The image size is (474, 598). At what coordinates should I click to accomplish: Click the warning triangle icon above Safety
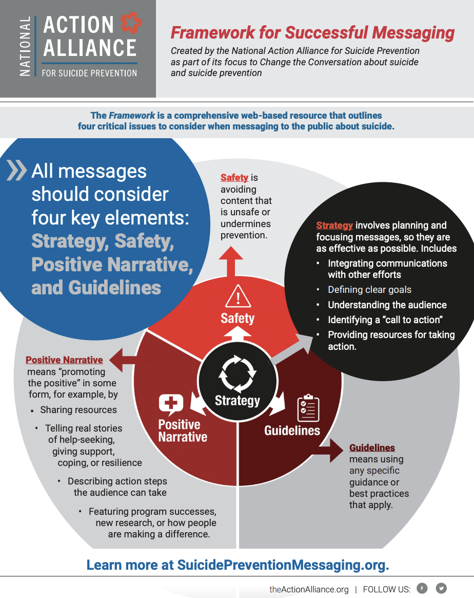pos(238,296)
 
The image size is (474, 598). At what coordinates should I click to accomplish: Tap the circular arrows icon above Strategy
pos(238,374)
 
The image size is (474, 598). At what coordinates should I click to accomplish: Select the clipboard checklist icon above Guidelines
pos(308,408)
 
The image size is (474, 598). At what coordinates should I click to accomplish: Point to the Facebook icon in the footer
pos(422,588)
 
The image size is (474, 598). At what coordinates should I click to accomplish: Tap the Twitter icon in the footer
pos(441,588)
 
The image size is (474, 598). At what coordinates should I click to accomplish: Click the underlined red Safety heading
pos(234,178)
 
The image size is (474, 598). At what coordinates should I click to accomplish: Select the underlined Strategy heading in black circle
pos(334,226)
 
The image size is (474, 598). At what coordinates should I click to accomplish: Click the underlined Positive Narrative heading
pos(64,360)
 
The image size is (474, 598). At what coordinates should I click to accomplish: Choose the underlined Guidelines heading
pos(372,448)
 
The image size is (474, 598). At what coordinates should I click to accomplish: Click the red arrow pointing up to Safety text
pos(231,261)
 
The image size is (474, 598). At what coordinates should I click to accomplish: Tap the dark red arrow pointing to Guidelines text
pos(328,451)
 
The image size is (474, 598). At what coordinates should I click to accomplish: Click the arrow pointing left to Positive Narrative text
pos(122,360)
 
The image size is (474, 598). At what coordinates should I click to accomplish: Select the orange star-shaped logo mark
pos(131,23)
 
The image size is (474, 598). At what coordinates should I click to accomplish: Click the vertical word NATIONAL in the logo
pos(25,47)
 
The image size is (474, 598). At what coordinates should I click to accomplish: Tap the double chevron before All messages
pos(17,170)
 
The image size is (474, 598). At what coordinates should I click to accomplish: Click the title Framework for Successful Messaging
pos(312,33)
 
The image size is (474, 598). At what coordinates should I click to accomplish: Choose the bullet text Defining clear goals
pos(370,290)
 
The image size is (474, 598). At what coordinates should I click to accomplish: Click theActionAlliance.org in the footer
pos(309,589)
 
